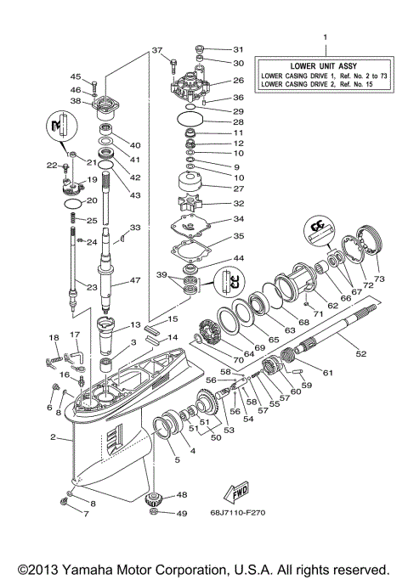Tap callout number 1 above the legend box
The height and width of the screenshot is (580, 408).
point(324,37)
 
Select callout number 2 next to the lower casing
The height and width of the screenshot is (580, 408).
point(53,438)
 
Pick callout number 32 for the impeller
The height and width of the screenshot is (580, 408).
point(238,204)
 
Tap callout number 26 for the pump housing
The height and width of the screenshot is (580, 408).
point(238,81)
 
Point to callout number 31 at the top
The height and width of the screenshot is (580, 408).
point(238,49)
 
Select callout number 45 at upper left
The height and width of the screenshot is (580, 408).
point(75,76)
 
